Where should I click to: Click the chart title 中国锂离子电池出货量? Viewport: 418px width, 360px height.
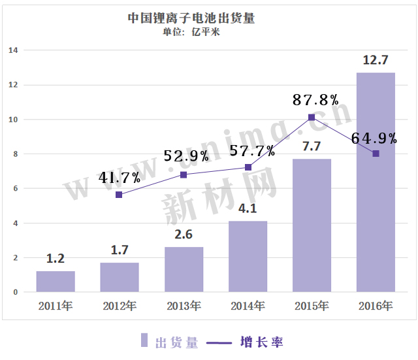pyautogui.click(x=191, y=18)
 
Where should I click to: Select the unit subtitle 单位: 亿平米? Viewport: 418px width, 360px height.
pyautogui.click(x=191, y=33)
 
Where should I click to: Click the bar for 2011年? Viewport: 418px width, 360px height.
pyautogui.click(x=56, y=281)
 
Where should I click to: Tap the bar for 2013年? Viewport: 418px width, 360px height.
pyautogui.click(x=184, y=269)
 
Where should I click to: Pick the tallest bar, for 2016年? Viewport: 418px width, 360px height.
pyautogui.click(x=376, y=182)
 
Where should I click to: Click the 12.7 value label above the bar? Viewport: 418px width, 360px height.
pyautogui.click(x=376, y=61)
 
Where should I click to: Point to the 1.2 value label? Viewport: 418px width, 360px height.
pyautogui.click(x=56, y=259)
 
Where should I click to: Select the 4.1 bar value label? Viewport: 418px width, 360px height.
pyautogui.click(x=248, y=210)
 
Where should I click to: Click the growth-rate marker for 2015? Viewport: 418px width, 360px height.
pyautogui.click(x=312, y=118)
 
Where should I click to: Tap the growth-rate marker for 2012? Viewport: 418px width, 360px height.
pyautogui.click(x=119, y=195)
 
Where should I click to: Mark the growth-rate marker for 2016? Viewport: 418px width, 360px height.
pyautogui.click(x=376, y=154)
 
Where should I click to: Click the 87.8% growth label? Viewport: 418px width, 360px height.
pyautogui.click(x=315, y=100)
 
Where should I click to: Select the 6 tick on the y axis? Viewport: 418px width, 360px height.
pyautogui.click(x=15, y=189)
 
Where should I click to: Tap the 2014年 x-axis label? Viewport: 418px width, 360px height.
pyautogui.click(x=248, y=306)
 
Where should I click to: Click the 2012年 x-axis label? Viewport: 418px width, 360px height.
pyautogui.click(x=120, y=306)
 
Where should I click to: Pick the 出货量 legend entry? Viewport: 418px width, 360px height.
pyautogui.click(x=170, y=341)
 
